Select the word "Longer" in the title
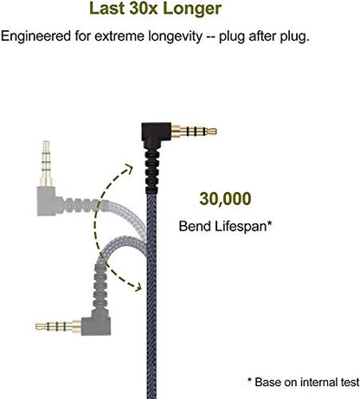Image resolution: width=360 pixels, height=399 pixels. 192,9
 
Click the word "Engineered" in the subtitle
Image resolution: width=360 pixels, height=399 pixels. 35,36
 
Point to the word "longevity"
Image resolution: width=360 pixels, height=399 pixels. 175,36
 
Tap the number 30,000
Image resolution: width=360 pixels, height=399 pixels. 225,199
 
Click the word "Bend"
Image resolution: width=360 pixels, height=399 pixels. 195,226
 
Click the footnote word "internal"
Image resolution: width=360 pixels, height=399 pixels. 317,382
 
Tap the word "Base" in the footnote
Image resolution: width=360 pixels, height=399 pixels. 267,382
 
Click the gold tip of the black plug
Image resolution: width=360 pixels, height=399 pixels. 212,132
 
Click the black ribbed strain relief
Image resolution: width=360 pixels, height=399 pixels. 153,171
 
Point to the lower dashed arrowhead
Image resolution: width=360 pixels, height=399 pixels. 137,286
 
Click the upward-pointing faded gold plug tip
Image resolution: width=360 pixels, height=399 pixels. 46,145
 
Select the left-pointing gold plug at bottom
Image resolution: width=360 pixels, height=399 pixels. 58,326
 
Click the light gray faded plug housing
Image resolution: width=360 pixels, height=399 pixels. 46,201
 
